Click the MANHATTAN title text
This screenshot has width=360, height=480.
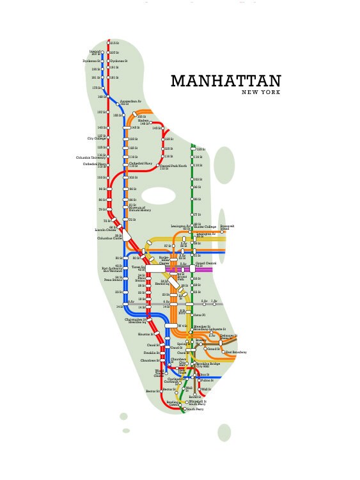coord(226,81)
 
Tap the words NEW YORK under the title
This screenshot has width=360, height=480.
coord(261,93)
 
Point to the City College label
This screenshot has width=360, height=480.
coord(97,138)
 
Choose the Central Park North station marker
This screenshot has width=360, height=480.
coord(158,165)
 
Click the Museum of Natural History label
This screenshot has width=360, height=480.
coord(140,209)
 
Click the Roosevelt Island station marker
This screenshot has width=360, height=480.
coord(222,232)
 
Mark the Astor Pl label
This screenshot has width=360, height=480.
coord(199,315)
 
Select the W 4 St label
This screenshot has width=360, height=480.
coord(182,326)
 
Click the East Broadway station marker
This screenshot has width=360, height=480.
coord(224,352)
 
